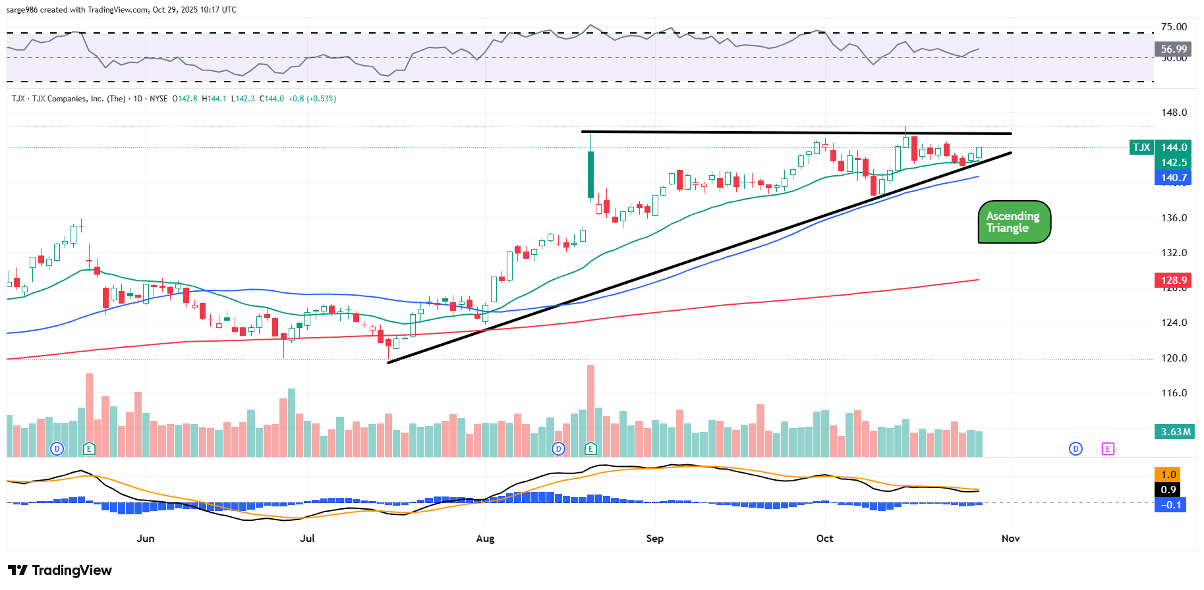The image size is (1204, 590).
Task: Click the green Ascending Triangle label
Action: (x=1014, y=222)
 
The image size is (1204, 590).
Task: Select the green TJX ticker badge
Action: (x=1141, y=147)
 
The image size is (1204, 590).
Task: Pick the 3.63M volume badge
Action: (x=1176, y=432)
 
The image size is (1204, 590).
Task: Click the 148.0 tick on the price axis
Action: (x=1174, y=113)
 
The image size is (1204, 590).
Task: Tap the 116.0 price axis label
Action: (x=1174, y=393)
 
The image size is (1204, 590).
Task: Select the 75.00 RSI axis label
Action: (x=1174, y=27)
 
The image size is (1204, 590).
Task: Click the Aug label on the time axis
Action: (x=485, y=539)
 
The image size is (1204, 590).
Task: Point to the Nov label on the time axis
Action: (x=1010, y=539)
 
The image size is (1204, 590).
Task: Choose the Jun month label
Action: (x=146, y=539)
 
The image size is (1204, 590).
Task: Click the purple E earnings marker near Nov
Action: (x=1108, y=449)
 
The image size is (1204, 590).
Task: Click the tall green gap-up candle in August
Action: (x=590, y=174)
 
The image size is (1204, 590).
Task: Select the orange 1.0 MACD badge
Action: (x=1168, y=475)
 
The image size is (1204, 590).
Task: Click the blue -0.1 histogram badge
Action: (x=1170, y=505)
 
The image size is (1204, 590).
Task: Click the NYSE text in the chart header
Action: (x=158, y=99)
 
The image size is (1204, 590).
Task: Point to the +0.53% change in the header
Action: (x=321, y=99)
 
